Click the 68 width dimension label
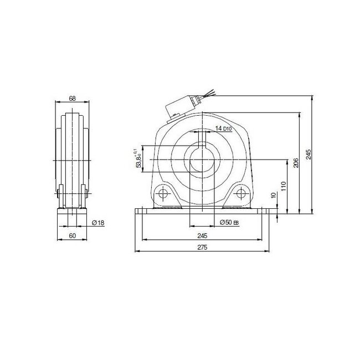click(x=71, y=99)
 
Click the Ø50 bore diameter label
click(x=229, y=222)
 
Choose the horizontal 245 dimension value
click(x=202, y=235)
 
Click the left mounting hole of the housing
click(x=162, y=194)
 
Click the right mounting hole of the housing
click(x=241, y=194)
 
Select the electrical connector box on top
click(x=183, y=106)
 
